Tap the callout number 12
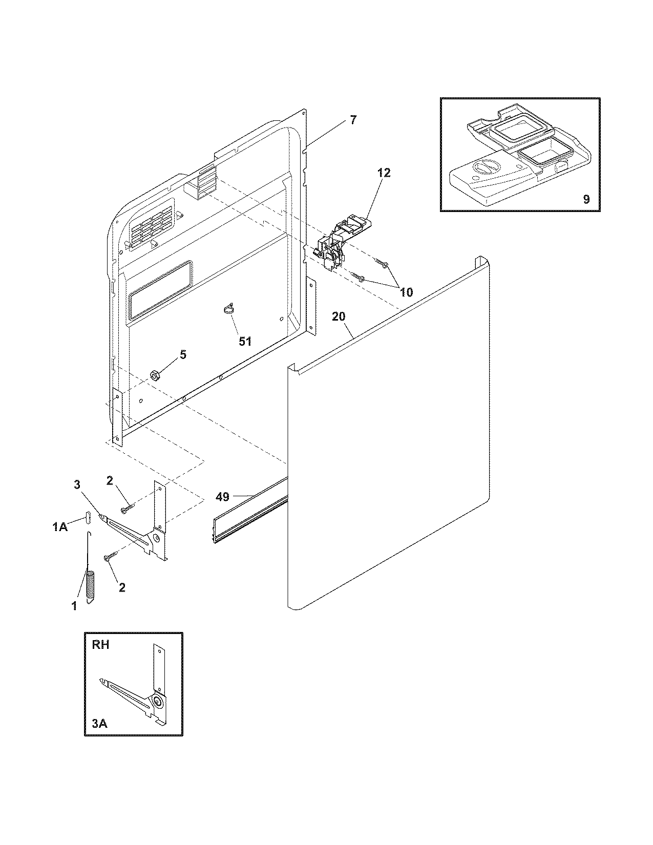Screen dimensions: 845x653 [x=384, y=173]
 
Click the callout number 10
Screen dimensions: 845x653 [x=406, y=292]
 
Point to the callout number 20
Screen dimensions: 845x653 [x=339, y=316]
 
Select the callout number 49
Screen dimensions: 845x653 [x=222, y=496]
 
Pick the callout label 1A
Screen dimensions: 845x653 [x=60, y=527]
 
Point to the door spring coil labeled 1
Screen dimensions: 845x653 [x=91, y=587]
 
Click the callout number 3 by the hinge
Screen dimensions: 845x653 [x=77, y=484]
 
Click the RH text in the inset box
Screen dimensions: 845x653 [x=100, y=645]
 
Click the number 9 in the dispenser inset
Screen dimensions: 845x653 [x=586, y=199]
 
